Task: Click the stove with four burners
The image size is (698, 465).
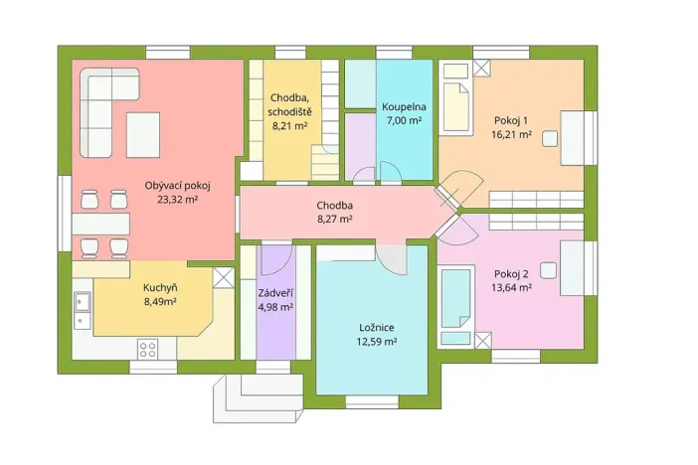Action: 148,349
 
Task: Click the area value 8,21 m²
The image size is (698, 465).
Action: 290,125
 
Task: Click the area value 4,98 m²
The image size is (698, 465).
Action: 274,307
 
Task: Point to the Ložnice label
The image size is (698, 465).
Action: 378,326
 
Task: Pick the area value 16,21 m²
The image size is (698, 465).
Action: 511,134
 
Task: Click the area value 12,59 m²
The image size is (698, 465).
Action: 378,341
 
